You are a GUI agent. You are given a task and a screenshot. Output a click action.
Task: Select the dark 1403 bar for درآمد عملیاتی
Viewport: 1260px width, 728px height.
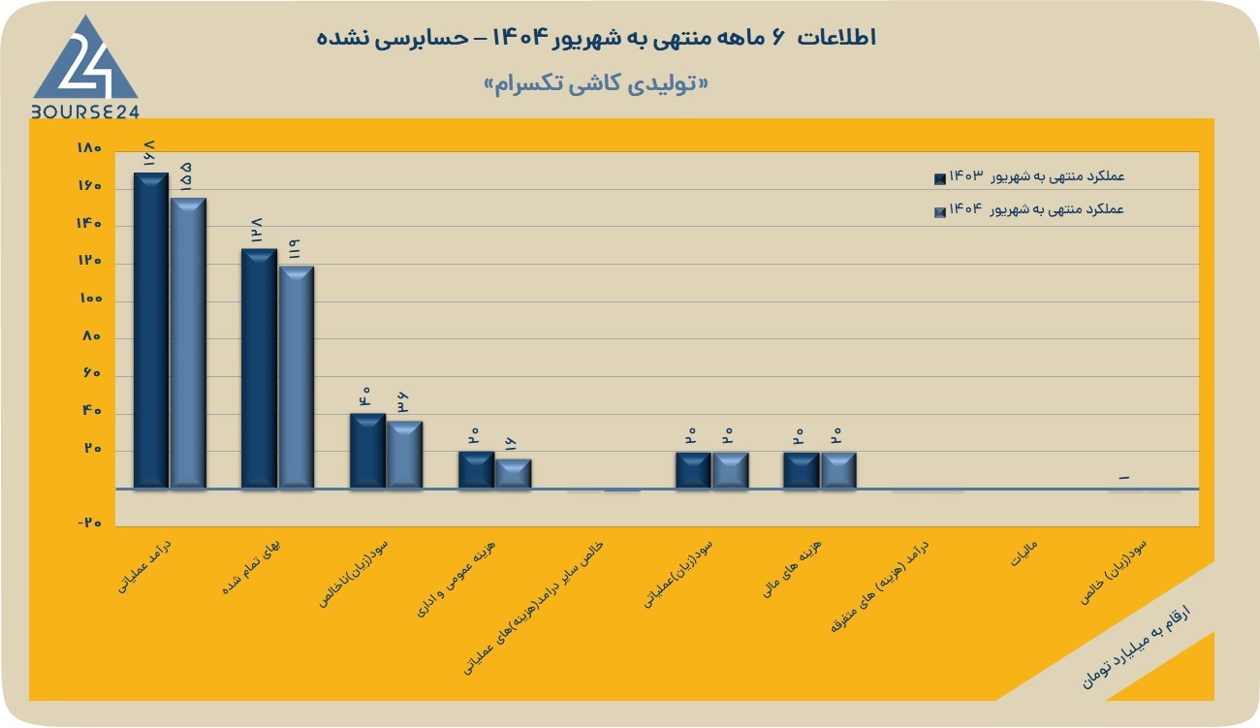(x=151, y=331)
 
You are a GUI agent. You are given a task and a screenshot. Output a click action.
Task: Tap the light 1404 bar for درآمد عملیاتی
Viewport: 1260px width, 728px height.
(x=188, y=342)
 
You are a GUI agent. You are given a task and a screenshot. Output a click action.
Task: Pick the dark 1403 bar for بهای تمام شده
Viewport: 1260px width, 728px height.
(x=260, y=368)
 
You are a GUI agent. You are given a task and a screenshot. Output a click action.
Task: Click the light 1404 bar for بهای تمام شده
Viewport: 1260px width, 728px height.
(x=297, y=377)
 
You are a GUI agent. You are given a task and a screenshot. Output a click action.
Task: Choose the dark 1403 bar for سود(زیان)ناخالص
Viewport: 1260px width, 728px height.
(x=368, y=451)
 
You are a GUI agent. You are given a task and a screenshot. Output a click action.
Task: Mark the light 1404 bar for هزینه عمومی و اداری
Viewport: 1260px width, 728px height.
(x=513, y=474)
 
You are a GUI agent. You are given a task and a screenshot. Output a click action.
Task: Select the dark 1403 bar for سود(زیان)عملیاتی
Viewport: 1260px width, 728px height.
(x=693, y=470)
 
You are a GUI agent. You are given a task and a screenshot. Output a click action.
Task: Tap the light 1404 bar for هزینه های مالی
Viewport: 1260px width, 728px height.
(x=838, y=470)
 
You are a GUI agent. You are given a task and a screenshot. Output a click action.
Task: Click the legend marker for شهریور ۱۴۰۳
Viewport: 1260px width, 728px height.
(x=939, y=179)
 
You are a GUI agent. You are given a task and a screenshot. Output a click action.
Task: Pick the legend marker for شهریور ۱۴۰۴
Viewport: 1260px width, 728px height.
(x=939, y=212)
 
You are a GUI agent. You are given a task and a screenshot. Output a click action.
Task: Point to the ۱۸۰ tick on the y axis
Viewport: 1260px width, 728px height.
(x=89, y=148)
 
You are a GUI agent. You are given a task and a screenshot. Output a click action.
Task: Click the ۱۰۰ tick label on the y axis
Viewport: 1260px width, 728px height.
(x=90, y=299)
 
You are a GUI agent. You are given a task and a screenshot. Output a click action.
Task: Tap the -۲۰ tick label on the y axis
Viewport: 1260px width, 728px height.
(x=89, y=522)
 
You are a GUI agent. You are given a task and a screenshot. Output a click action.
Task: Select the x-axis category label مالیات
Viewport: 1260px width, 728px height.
(x=1024, y=554)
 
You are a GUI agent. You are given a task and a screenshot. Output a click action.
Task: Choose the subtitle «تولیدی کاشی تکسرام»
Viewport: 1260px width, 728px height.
(x=596, y=84)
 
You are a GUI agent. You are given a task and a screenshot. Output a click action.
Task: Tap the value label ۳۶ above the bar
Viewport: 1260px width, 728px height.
(x=402, y=403)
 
